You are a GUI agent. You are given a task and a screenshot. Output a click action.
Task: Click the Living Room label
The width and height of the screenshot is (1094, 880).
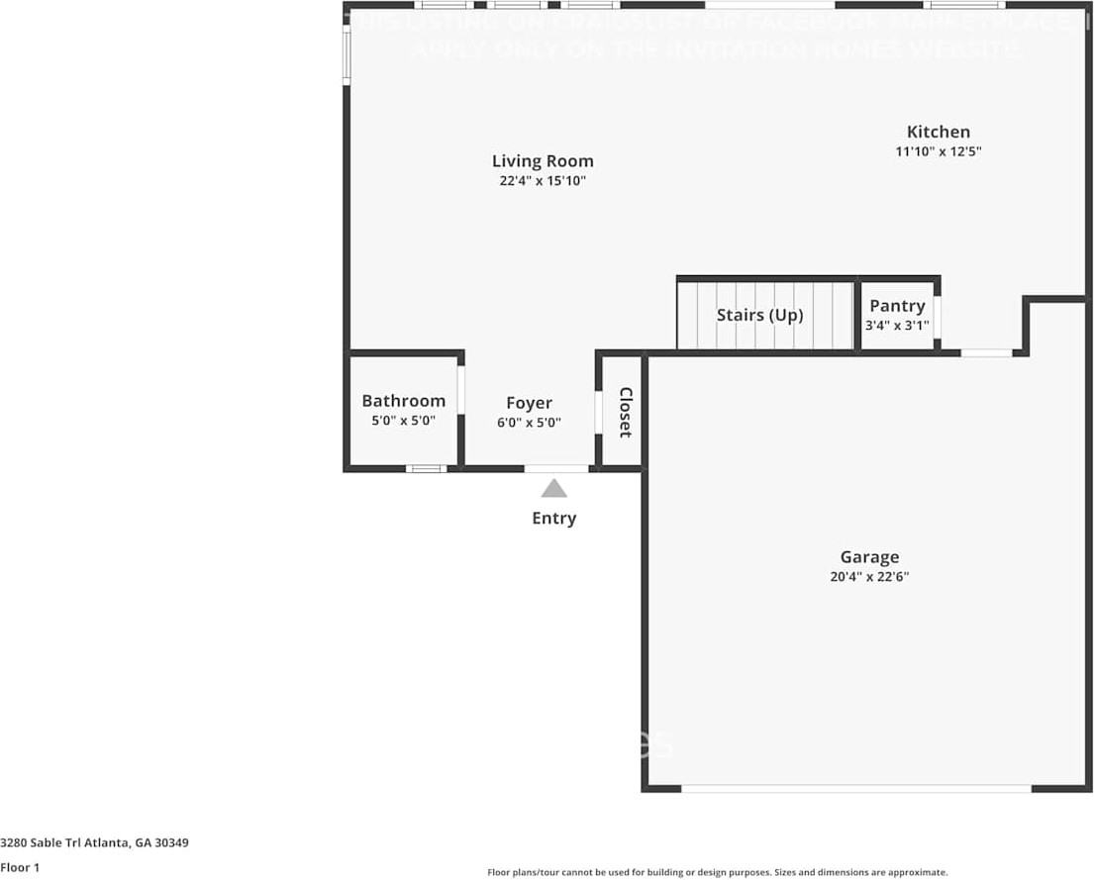[x=543, y=161]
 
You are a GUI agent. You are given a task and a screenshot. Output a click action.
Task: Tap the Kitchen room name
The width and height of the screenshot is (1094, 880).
[x=938, y=132]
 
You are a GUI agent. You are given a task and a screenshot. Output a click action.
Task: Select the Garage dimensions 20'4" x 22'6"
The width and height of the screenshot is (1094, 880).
[x=869, y=577]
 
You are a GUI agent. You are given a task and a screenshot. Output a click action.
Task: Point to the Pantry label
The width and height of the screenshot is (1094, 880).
[x=897, y=306]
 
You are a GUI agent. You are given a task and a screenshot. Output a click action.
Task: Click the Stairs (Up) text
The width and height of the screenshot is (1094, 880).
[x=759, y=315]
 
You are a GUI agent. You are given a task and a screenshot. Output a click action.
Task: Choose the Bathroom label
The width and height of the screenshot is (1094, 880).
[x=403, y=401]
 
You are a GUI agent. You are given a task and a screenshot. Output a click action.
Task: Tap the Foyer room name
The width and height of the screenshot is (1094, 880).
[x=529, y=403]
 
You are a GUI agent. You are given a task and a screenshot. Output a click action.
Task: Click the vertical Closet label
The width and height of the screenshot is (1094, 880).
[x=625, y=412]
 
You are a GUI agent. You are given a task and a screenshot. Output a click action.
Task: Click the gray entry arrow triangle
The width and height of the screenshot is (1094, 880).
[x=553, y=488]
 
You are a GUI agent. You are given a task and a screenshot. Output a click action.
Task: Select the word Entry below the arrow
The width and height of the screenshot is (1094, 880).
[x=553, y=518]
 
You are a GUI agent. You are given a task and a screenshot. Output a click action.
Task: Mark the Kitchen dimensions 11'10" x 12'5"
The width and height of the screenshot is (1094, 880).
[x=938, y=151]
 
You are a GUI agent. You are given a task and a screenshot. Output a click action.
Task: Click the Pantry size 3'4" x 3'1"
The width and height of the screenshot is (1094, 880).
[x=897, y=325]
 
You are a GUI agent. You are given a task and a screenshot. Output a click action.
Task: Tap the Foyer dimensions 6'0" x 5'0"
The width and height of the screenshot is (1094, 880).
[x=529, y=422]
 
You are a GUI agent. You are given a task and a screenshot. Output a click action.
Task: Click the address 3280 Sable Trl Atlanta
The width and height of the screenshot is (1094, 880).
[x=95, y=843]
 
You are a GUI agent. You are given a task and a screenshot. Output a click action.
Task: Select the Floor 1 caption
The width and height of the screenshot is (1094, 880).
[x=20, y=868]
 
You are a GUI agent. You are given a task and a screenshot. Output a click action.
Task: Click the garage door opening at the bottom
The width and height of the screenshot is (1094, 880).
[x=856, y=789]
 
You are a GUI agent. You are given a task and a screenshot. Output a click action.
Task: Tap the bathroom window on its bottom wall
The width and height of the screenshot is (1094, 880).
[x=427, y=468]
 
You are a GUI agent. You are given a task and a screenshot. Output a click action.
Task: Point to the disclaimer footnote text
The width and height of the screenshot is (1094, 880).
[x=717, y=872]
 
